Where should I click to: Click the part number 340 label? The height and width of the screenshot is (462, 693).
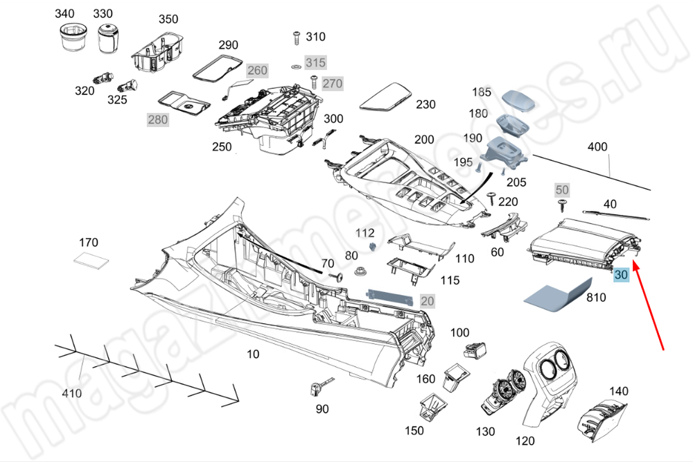(64, 14)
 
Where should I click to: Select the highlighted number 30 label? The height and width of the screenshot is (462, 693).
(621, 275)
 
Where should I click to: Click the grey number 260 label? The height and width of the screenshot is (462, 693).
(256, 71)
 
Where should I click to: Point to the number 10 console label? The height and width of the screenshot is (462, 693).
(253, 354)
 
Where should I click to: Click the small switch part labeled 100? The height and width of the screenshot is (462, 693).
(477, 351)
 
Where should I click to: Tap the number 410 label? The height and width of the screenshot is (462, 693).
(72, 393)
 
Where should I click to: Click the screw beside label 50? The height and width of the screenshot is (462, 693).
(561, 204)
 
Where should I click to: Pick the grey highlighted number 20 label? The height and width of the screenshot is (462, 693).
(427, 300)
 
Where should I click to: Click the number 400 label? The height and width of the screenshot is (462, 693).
(597, 147)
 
